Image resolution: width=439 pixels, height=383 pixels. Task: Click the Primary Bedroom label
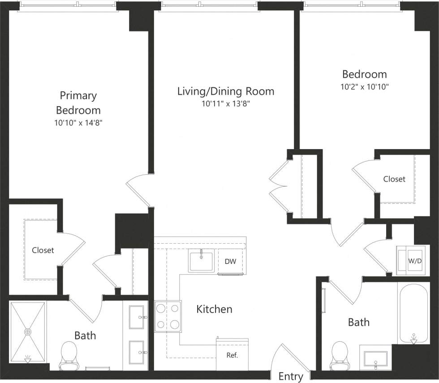coord(78,103)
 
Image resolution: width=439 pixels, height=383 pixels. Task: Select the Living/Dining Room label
coord(225,91)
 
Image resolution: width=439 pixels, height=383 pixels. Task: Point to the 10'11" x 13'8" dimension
coord(225,104)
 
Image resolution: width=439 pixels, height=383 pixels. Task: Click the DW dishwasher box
coord(230,262)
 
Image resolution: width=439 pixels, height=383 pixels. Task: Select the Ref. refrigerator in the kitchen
coord(232,355)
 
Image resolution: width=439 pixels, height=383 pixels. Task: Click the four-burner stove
coord(168,316)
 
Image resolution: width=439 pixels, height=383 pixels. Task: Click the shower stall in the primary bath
coord(28,332)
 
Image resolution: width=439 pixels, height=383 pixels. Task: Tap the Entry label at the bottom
coord(291,376)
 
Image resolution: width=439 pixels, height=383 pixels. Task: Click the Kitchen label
coord(215,309)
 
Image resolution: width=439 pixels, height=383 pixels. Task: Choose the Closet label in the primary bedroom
coord(43,250)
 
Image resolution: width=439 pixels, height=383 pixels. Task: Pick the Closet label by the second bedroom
coord(394,179)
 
